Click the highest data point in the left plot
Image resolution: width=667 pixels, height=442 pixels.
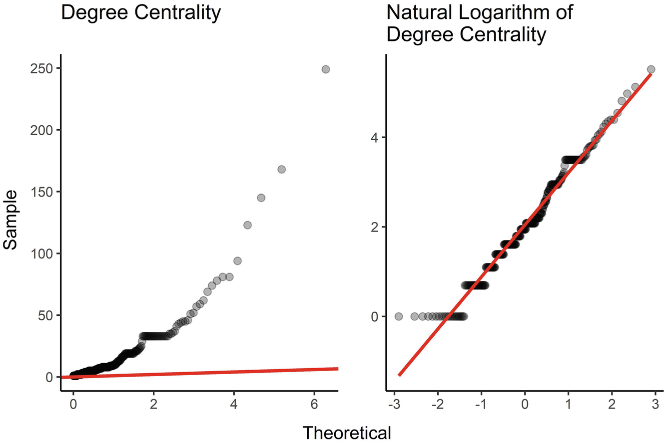click(x=326, y=69)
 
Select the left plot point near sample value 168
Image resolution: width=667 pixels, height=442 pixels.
click(x=281, y=169)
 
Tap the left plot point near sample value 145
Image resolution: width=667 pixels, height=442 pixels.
click(x=261, y=198)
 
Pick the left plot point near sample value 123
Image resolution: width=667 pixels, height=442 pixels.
click(x=247, y=225)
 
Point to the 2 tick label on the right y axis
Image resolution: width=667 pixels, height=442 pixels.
click(x=372, y=227)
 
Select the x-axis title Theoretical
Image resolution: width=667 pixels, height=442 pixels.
click(x=347, y=432)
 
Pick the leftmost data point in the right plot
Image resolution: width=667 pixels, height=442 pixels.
click(x=399, y=316)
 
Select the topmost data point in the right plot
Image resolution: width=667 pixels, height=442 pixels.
click(x=651, y=69)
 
